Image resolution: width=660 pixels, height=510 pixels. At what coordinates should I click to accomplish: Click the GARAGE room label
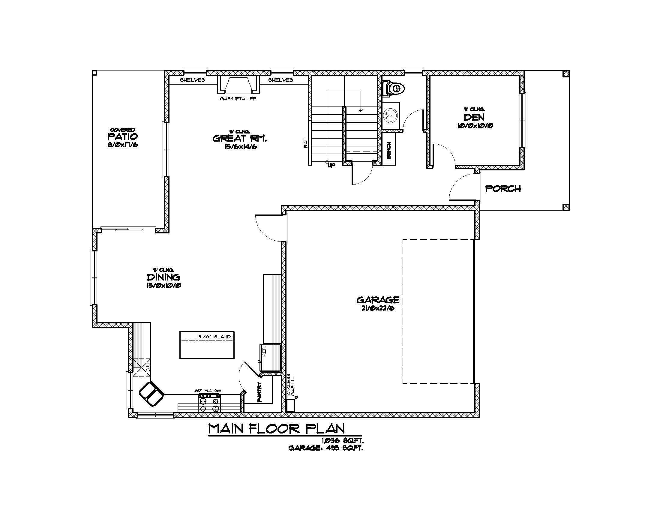point(378,300)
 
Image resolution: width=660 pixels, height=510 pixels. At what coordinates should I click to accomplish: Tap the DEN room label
point(474,117)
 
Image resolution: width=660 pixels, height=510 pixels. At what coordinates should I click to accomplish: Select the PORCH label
point(503,189)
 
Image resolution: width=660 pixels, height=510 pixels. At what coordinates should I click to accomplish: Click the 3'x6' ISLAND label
point(214,337)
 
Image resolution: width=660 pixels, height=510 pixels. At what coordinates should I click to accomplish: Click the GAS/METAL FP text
point(238,99)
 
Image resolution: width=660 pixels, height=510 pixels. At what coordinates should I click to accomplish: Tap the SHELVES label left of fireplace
point(193,80)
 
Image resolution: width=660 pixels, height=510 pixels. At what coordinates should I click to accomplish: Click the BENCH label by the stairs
point(389,150)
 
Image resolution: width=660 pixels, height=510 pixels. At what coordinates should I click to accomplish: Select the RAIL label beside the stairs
point(305,142)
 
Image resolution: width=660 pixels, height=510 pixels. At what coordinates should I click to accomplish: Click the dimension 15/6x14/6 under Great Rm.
point(241,147)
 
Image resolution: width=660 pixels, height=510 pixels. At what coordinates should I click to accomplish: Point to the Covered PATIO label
point(123,136)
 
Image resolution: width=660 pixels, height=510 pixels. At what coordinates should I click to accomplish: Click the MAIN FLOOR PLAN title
point(277,429)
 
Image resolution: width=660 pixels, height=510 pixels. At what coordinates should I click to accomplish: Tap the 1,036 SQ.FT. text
point(342,441)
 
